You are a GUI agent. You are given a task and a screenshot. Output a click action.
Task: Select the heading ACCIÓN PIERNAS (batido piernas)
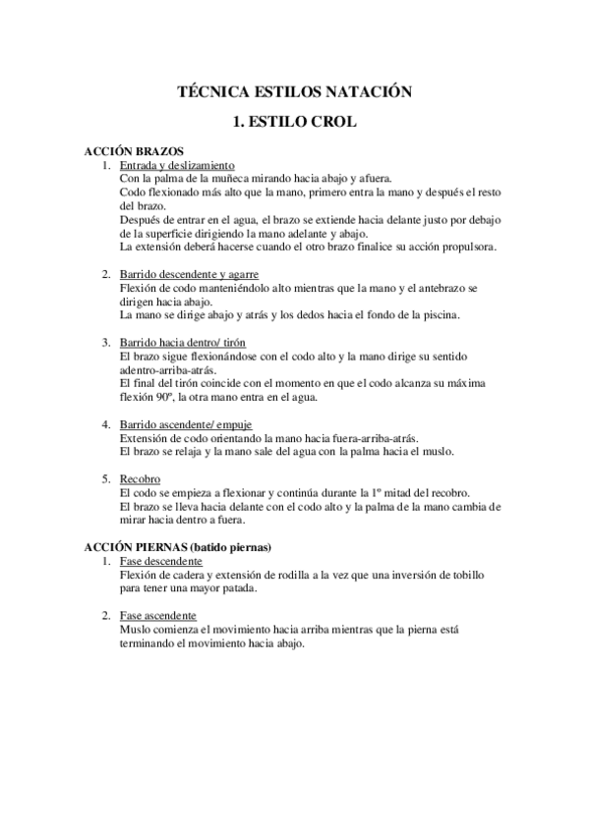[x=177, y=546]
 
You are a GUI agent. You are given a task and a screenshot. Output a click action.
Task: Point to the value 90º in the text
[x=161, y=397]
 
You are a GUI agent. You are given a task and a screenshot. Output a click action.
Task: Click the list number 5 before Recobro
[x=106, y=478]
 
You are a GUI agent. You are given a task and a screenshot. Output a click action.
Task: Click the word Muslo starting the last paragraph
[x=138, y=629]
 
